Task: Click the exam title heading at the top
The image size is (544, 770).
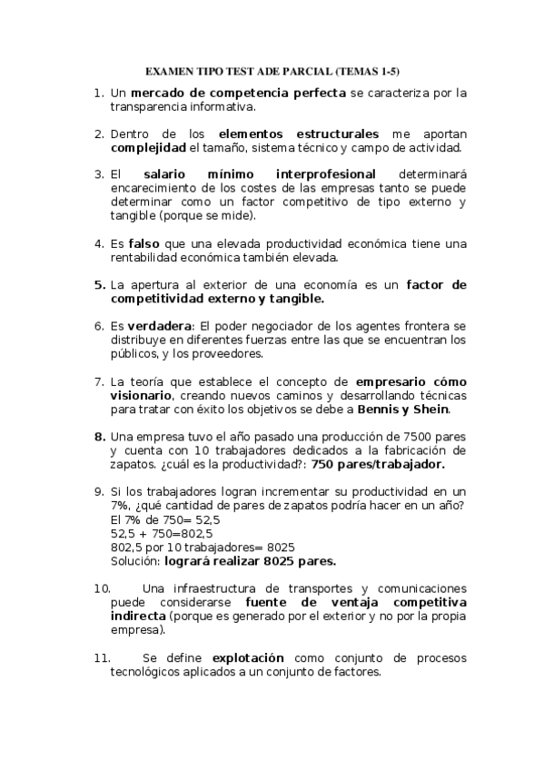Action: (272, 71)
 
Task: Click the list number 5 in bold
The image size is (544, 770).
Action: (100, 284)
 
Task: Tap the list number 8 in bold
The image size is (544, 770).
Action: (100, 437)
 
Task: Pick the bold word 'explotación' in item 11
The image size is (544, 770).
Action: (248, 657)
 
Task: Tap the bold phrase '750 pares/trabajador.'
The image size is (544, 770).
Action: (378, 464)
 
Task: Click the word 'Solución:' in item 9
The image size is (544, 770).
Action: (135, 560)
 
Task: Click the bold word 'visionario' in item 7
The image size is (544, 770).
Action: (143, 396)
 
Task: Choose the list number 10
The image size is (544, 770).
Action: (102, 587)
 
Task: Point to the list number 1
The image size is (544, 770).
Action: (100, 93)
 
